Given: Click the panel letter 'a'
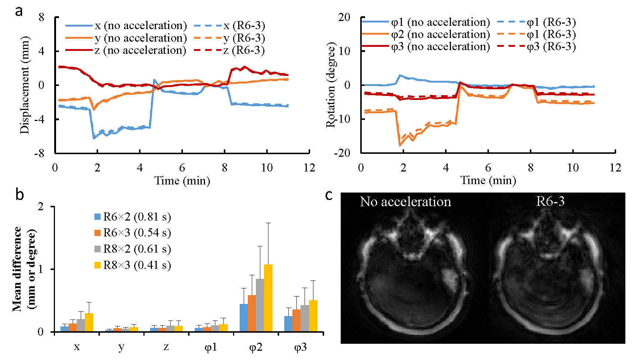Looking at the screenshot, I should (19, 11).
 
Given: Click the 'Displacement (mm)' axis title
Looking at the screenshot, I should (24, 85).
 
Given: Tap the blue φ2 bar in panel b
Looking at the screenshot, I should (244, 317).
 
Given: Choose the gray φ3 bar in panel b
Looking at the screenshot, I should (305, 318).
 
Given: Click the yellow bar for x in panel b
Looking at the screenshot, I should (89, 322).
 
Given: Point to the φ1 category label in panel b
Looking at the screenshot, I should (211, 347).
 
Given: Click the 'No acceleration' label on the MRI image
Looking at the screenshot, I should (405, 202).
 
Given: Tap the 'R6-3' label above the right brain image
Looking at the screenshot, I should (550, 201).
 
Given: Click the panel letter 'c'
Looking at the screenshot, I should (329, 195).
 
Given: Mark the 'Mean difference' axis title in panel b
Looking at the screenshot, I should (18, 269).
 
